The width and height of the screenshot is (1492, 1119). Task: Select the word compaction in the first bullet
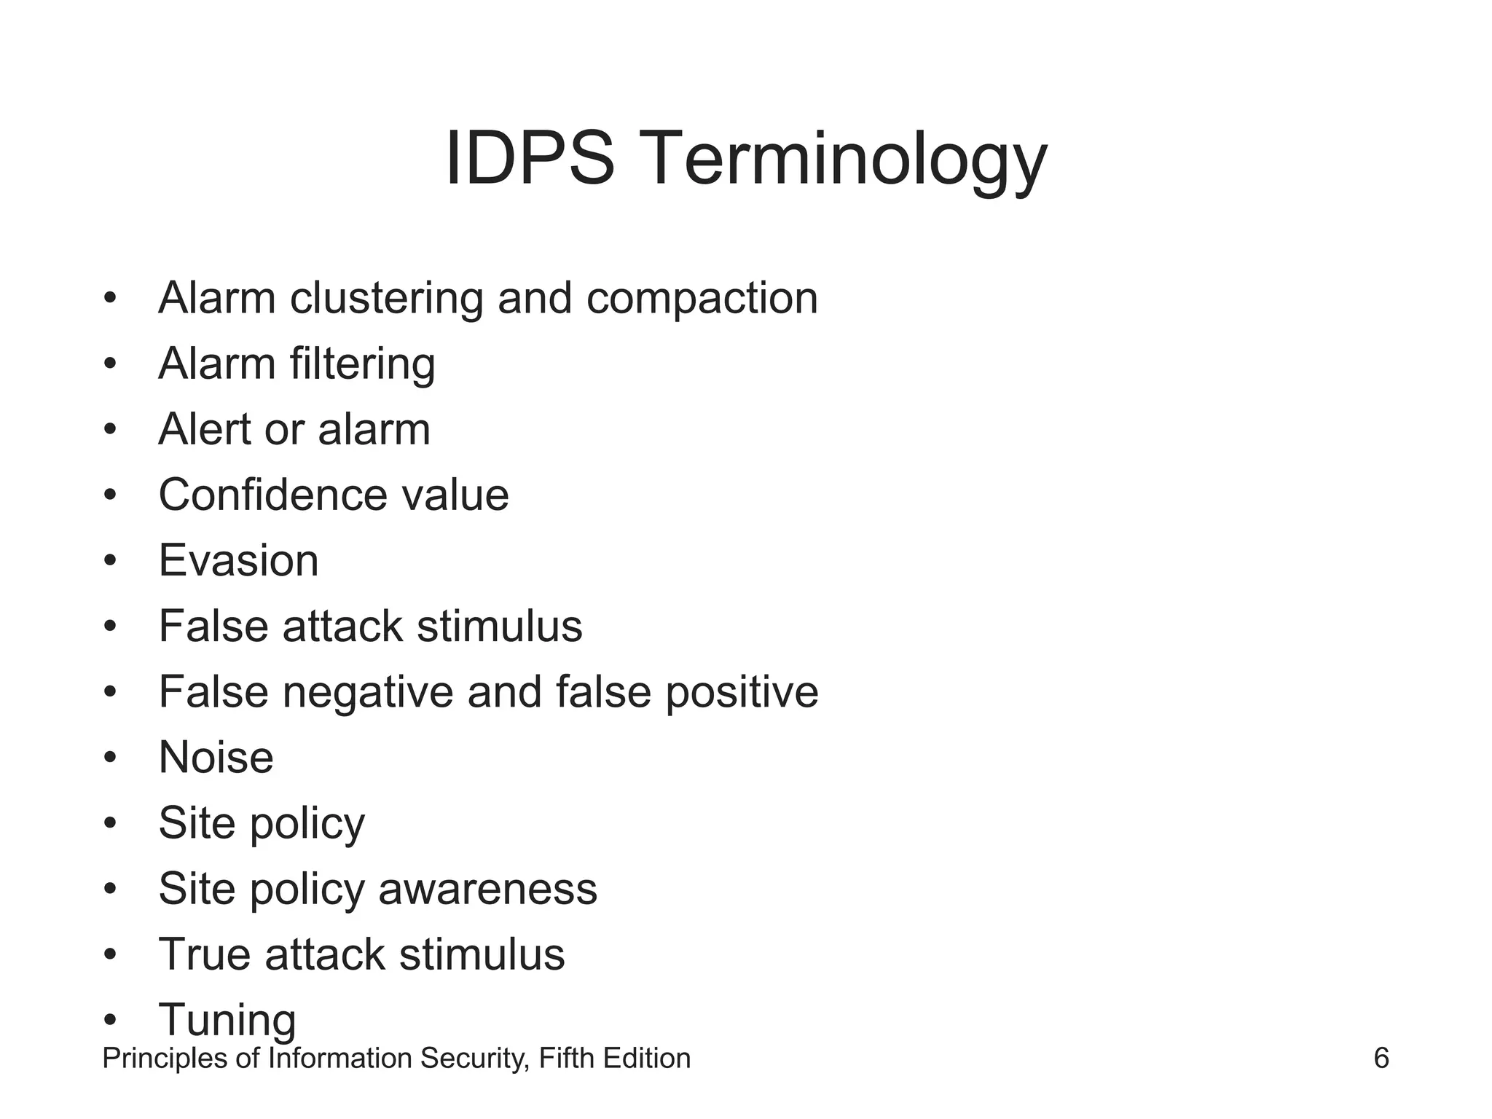[x=702, y=299]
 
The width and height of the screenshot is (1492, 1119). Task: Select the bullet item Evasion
[x=238, y=561]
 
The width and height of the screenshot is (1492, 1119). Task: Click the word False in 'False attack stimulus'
[x=213, y=627]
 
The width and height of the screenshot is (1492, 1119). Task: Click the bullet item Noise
[x=216, y=758]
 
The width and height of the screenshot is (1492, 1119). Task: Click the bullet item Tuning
[x=227, y=1020]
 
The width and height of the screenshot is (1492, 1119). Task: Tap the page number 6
[x=1381, y=1058]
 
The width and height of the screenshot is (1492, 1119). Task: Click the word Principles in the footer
[x=165, y=1059]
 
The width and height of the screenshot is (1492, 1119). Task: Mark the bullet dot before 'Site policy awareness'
[x=110, y=889]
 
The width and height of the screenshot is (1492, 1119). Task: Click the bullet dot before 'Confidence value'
[x=110, y=495]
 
